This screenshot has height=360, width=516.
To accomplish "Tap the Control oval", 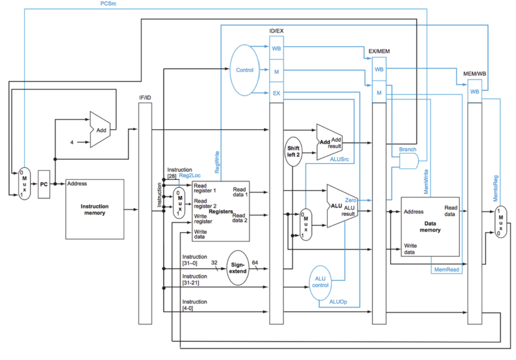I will click(245, 70).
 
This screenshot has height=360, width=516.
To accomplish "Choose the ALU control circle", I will click(320, 282).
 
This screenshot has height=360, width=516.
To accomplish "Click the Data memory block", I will click(430, 227).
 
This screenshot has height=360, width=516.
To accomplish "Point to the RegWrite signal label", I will click(217, 162).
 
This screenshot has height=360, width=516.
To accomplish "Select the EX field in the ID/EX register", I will click(276, 94).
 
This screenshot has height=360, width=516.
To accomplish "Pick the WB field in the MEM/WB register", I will click(475, 92).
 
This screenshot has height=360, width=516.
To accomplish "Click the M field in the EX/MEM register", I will click(379, 93).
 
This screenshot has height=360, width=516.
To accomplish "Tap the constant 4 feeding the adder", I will click(71, 142).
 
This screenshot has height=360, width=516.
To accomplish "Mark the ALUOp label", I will click(338, 302).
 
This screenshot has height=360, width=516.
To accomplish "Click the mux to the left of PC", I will click(25, 183).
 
